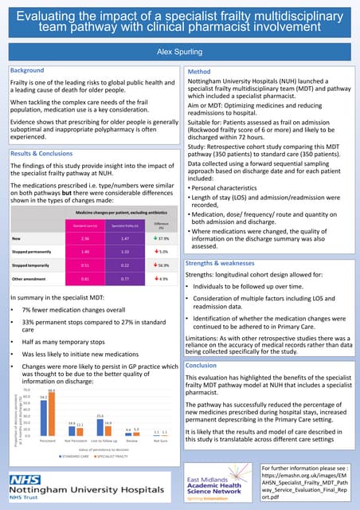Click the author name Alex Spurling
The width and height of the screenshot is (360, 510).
[179, 49]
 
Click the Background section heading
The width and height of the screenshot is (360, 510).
[27, 71]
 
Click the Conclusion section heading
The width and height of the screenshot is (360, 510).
[204, 365]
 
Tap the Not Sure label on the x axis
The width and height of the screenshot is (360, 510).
[160, 440]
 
